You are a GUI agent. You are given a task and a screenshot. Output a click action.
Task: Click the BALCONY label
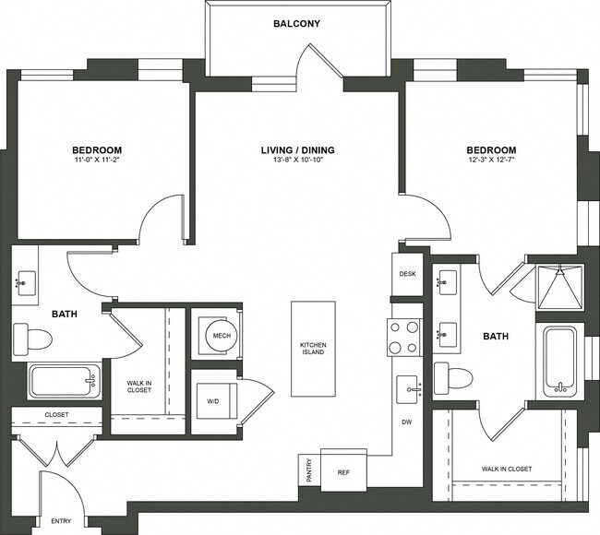click(296, 23)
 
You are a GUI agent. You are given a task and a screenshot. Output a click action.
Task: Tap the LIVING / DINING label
click(296, 149)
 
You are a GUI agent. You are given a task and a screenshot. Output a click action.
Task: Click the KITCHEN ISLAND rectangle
click(313, 350)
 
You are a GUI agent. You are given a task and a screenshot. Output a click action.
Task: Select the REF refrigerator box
click(343, 470)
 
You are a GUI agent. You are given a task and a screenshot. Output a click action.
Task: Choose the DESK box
click(407, 275)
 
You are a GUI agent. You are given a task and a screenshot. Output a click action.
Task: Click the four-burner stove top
click(404, 337)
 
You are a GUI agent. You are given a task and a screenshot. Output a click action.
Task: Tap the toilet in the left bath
click(33, 338)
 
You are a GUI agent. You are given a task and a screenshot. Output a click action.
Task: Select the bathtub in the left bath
click(65, 381)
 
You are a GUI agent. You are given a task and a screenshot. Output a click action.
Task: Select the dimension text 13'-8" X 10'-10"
click(296, 160)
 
